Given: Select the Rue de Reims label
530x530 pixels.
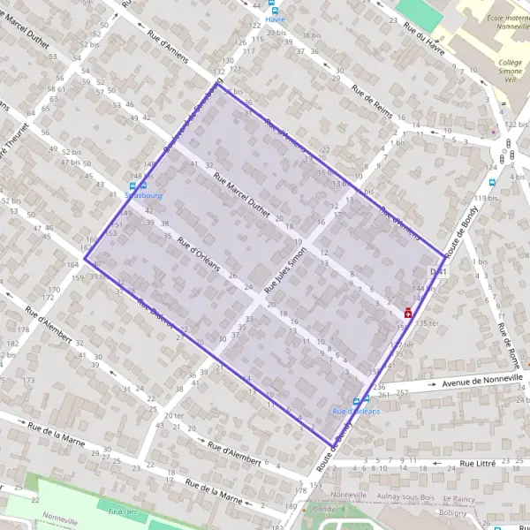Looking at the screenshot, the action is (371, 102).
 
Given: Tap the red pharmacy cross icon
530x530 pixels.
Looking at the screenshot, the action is (408, 312).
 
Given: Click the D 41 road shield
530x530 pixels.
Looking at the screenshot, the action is (436, 270).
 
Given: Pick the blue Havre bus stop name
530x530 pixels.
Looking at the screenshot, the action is (275, 21).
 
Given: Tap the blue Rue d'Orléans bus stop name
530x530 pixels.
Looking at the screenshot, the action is (356, 412).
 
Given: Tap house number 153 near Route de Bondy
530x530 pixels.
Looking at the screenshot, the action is (316, 487).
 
